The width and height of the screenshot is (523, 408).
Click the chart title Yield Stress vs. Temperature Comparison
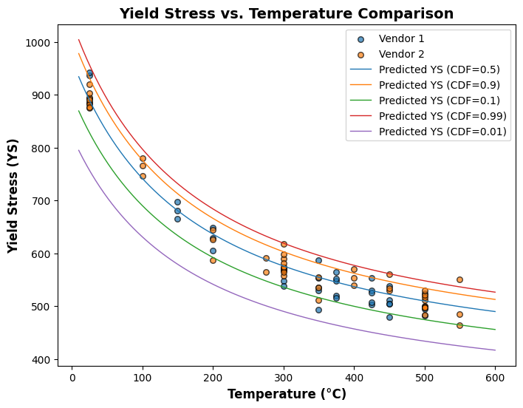coord(287,13)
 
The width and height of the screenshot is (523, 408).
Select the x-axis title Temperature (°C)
coord(287,394)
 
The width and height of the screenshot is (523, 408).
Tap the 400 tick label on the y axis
coord(39,360)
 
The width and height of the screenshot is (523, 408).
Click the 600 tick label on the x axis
coord(495,376)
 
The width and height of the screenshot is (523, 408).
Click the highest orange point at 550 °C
coord(459,279)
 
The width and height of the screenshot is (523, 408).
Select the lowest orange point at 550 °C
coord(459,325)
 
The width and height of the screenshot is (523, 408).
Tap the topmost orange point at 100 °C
coord(143,159)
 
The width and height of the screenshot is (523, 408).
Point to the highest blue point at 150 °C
coord(177,202)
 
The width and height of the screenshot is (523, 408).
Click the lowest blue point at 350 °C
coord(318,310)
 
